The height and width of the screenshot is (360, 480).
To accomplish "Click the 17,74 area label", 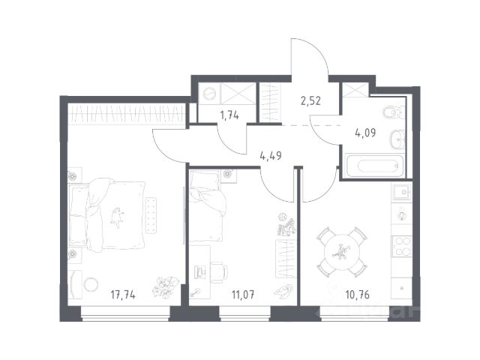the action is pyautogui.click(x=123, y=295).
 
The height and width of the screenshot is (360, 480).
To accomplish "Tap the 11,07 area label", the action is pyautogui.click(x=243, y=295).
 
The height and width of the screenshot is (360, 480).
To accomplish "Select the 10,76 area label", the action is pyautogui.click(x=357, y=295).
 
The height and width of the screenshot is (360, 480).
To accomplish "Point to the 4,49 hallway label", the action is pyautogui.click(x=271, y=155).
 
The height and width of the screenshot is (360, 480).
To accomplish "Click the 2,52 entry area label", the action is pyautogui.click(x=310, y=100).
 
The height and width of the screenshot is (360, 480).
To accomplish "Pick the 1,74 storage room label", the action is pyautogui.click(x=229, y=115).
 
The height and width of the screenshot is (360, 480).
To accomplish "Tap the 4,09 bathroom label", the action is pyautogui.click(x=365, y=133).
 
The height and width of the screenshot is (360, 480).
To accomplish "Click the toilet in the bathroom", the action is pyautogui.click(x=394, y=112).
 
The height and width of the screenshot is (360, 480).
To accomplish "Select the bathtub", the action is pyautogui.click(x=374, y=166).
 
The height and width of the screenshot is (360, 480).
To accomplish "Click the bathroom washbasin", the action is pyautogui.click(x=397, y=139).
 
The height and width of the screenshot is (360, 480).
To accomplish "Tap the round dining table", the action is pyautogui.click(x=342, y=252).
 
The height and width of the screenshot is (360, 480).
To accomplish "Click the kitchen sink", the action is pyautogui.click(x=402, y=192).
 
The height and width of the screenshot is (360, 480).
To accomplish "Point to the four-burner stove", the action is pyautogui.click(x=402, y=247).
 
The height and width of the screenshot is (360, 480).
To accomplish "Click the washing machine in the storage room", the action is pyautogui.click(x=209, y=94).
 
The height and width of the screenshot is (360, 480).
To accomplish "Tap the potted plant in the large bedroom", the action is pyautogui.click(x=163, y=288).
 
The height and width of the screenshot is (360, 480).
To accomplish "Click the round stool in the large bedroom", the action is pyautogui.click(x=91, y=284).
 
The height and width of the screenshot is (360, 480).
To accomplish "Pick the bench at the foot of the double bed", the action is pyautogui.click(x=151, y=215).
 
